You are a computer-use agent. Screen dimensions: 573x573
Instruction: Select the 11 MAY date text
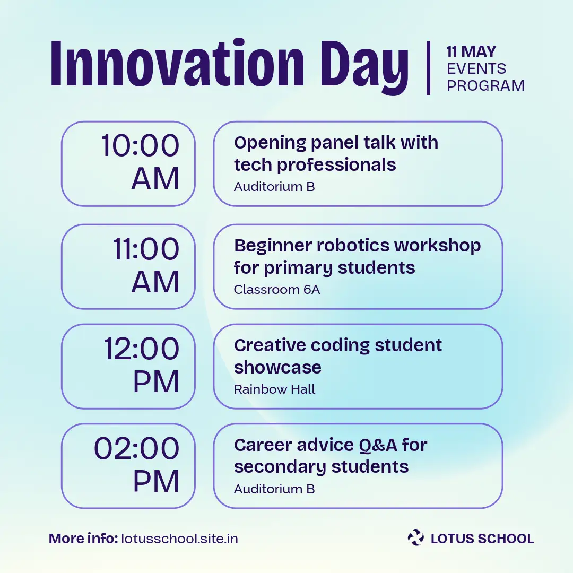tap(471, 51)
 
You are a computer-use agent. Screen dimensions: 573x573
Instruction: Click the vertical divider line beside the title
tap(428, 68)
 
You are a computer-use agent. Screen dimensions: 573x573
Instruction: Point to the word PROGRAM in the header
tap(485, 85)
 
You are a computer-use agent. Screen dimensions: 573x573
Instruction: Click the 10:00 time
tap(140, 145)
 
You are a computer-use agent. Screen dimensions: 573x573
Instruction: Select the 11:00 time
tap(146, 249)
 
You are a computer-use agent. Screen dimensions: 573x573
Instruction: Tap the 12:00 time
tap(142, 349)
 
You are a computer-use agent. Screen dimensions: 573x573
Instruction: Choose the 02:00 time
tap(137, 448)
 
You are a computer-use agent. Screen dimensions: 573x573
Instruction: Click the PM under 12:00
tap(156, 381)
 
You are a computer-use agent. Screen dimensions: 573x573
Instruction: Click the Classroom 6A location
tap(276, 290)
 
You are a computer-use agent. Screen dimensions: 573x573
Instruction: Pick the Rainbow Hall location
tap(274, 389)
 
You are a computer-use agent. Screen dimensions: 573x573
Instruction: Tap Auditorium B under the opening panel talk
tap(274, 187)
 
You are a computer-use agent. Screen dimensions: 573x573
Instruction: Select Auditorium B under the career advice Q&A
tap(274, 489)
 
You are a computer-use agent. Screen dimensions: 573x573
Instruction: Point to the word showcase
tap(277, 367)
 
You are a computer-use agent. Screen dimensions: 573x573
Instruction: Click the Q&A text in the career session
tap(378, 445)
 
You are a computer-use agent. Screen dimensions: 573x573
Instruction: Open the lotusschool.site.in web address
tap(179, 539)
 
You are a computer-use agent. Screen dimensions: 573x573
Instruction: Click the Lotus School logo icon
tap(416, 537)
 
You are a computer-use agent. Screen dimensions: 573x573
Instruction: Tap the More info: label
tap(83, 539)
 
